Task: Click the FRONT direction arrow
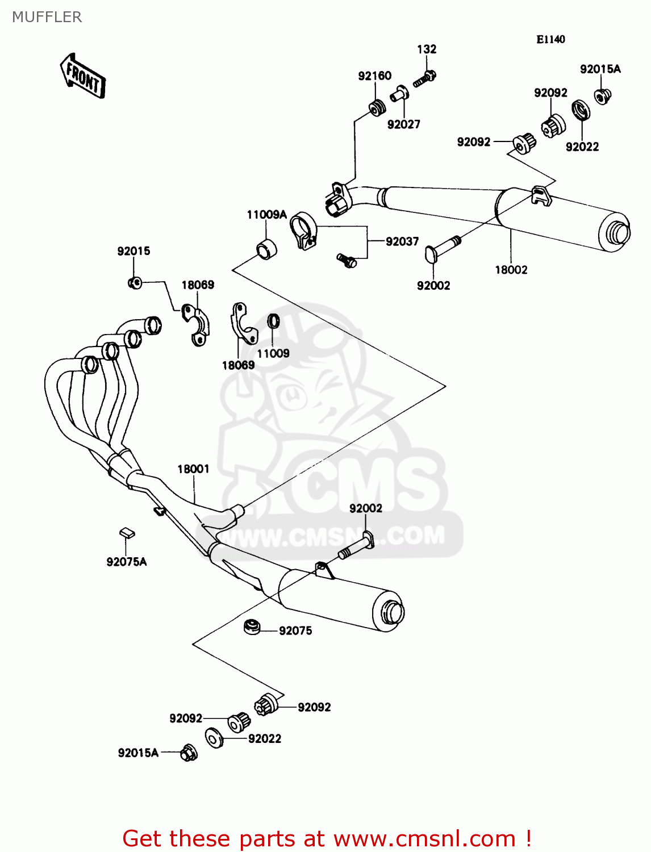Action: [83, 76]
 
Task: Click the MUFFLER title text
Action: [47, 17]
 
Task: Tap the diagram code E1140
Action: [550, 39]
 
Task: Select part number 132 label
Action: [427, 49]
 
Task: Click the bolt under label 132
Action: [424, 79]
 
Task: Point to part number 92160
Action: [374, 76]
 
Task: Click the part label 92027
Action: [403, 124]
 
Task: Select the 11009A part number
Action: [266, 215]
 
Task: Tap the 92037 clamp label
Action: [402, 241]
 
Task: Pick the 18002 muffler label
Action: [511, 270]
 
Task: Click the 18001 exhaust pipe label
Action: [193, 469]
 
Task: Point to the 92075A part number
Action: [126, 562]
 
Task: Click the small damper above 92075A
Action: [127, 533]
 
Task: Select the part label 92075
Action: [295, 630]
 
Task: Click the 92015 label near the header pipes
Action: [133, 251]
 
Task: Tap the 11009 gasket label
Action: [273, 353]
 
